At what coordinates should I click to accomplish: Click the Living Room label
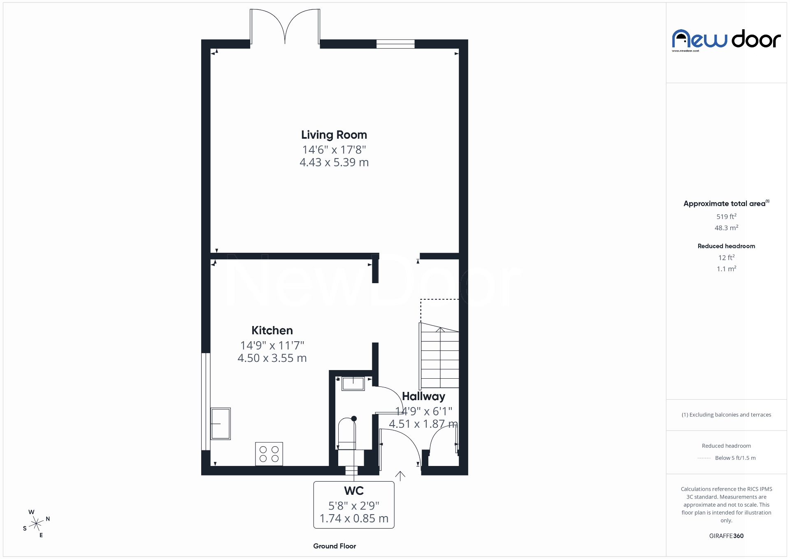[334, 135]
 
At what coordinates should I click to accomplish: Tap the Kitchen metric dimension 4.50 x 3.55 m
[272, 358]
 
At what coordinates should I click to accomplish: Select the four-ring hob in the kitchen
[269, 454]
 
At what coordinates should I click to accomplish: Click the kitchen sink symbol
[221, 424]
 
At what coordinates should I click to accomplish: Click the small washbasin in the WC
[353, 384]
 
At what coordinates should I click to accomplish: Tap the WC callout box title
[354, 491]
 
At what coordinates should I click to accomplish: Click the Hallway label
[423, 396]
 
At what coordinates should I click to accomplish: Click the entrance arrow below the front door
[400, 476]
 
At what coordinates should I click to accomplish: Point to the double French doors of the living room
[285, 27]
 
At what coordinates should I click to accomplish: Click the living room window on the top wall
[395, 44]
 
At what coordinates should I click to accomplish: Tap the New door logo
[726, 40]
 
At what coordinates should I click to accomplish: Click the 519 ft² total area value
[726, 217]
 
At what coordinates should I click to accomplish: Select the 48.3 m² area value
[726, 228]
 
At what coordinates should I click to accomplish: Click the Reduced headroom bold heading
[726, 246]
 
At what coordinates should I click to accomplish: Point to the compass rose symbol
[37, 524]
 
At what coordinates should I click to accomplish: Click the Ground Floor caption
[335, 546]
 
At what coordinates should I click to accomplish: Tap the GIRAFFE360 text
[726, 536]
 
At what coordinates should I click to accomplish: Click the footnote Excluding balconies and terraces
[726, 415]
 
